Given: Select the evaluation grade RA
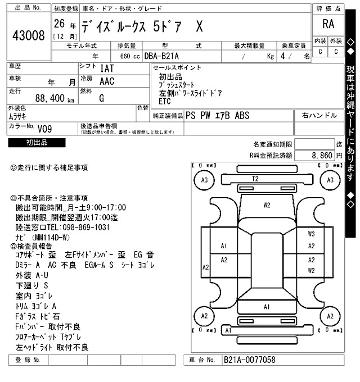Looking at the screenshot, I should point(328,24).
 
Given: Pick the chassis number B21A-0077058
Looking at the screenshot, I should point(250,360).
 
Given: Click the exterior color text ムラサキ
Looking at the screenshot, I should point(20,116).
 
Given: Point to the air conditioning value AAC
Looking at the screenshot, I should point(107,81).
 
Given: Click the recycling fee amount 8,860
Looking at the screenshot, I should point(321,155).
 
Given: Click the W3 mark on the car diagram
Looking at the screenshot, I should point(311,233).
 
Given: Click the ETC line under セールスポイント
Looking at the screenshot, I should point(165,102).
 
